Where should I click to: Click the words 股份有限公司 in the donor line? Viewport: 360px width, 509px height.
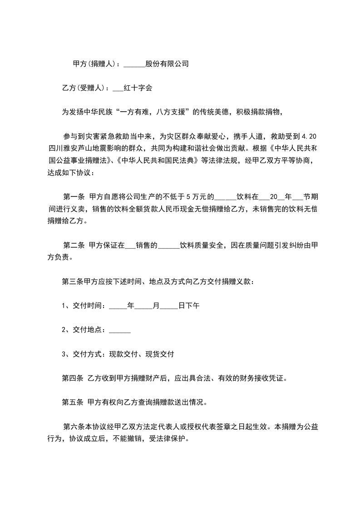[x=167, y=64]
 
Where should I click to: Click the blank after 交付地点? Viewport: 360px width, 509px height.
[x=120, y=330]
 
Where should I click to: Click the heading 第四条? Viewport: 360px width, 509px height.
[x=73, y=378]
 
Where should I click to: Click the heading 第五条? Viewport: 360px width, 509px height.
[x=73, y=402]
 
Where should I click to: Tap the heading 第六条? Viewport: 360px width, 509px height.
[x=75, y=426]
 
